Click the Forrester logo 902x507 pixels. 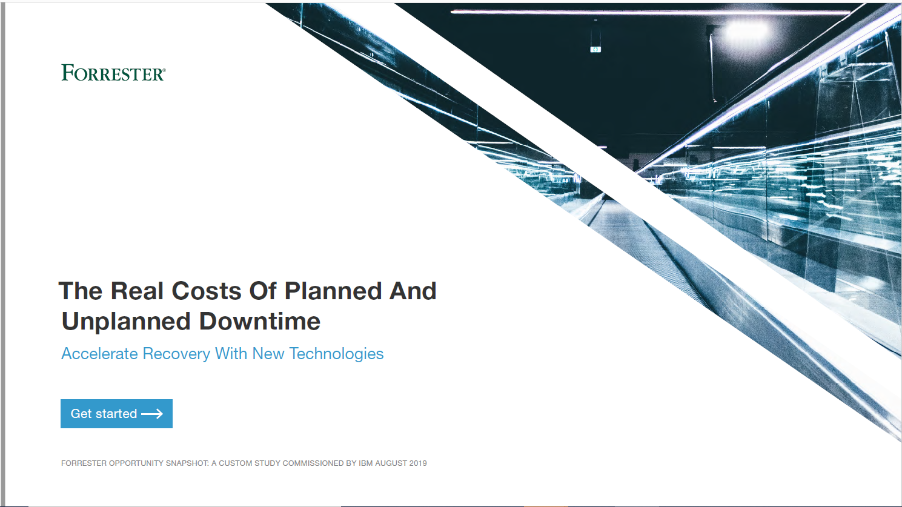[x=113, y=73]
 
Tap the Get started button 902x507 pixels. [x=116, y=414]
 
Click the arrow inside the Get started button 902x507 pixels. [x=152, y=414]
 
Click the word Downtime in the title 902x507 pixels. [x=260, y=322]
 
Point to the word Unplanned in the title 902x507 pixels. [x=126, y=322]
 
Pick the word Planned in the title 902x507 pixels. [x=333, y=291]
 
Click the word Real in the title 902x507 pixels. [x=137, y=291]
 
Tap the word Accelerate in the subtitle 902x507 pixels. [x=99, y=354]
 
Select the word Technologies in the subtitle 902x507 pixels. [x=337, y=354]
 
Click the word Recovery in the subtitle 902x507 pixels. [x=176, y=354]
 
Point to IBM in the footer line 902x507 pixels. [x=366, y=463]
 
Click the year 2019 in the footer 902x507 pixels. [x=418, y=463]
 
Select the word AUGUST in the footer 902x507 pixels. [x=391, y=463]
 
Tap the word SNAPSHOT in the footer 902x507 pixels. [x=188, y=463]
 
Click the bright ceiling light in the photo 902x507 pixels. [x=746, y=31]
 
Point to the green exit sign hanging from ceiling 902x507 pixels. [x=595, y=50]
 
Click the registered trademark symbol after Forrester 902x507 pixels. [x=164, y=70]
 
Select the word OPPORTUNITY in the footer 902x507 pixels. [x=136, y=463]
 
